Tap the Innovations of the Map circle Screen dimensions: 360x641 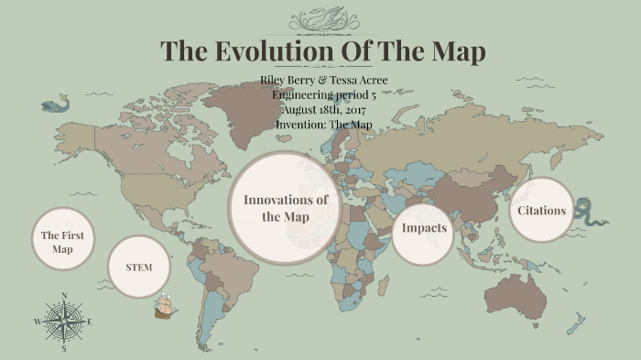tap(284, 208)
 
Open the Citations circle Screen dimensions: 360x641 tap(541, 211)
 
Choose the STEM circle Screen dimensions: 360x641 tap(138, 267)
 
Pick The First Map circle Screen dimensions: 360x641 tap(62, 241)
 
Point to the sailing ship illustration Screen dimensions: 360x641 tap(165, 306)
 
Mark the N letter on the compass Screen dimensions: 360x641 tap(63, 295)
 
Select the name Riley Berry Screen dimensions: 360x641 tap(290, 81)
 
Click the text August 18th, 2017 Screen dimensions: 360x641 tap(324, 110)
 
